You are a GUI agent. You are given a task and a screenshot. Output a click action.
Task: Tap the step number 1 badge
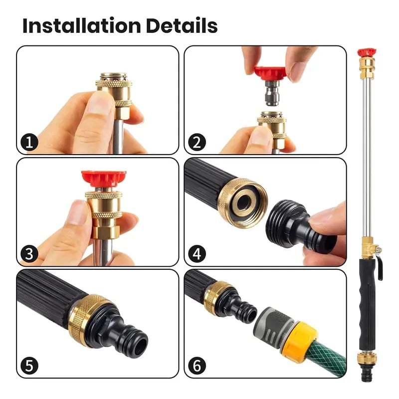click(29, 143)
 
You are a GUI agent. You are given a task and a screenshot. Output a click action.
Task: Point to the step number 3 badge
click(29, 254)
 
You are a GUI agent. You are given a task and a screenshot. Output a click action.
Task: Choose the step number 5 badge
click(29, 366)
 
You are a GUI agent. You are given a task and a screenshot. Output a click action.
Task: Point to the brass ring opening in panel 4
click(245, 202)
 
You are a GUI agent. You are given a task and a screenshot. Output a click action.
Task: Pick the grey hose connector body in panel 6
click(272, 322)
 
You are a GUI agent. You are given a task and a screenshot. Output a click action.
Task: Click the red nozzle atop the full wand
click(367, 52)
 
